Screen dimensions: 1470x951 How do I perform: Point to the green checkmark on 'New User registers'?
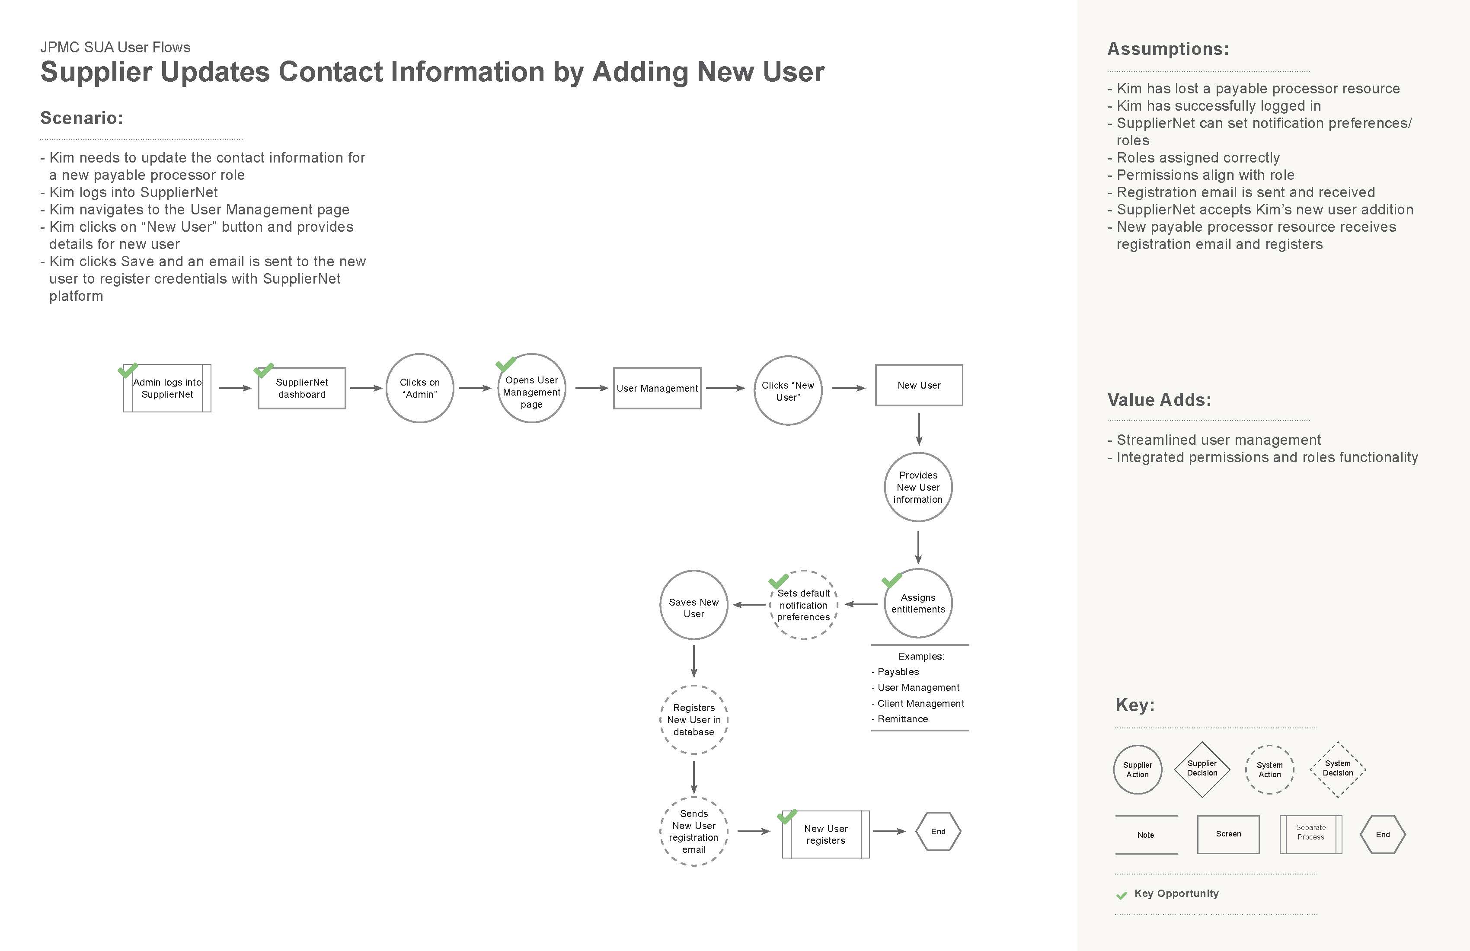pos(787,817)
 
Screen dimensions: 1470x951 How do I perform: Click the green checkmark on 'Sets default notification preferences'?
pos(778,581)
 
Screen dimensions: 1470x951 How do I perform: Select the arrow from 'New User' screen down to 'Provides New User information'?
pos(919,429)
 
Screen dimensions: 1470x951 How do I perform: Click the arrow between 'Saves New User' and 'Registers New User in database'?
pos(694,661)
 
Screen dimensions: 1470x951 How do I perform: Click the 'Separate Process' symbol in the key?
pos(1310,834)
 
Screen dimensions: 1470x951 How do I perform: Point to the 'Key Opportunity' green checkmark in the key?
pos(1122,895)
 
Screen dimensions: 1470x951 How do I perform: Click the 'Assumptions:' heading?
pos(1168,49)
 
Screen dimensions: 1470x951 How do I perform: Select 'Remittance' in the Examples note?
pos(902,719)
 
